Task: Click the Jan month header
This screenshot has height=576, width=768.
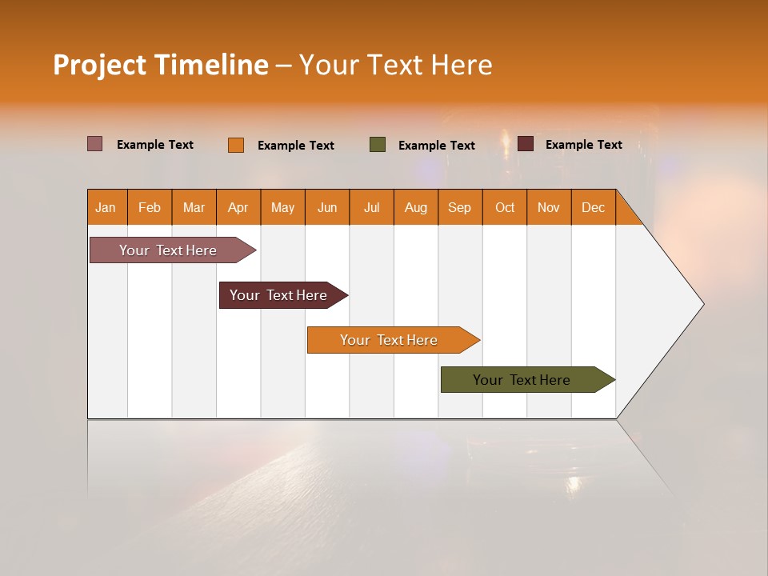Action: pyautogui.click(x=106, y=207)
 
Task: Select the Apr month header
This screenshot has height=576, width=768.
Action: pyautogui.click(x=238, y=207)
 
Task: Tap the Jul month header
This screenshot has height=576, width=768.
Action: pyautogui.click(x=371, y=207)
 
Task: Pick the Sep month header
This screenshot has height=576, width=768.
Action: pyautogui.click(x=460, y=207)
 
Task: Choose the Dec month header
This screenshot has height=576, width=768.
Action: pyautogui.click(x=593, y=207)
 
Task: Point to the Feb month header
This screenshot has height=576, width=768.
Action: pyautogui.click(x=150, y=207)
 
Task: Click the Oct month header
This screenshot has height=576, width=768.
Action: pyautogui.click(x=505, y=207)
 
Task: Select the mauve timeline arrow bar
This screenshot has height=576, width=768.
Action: pyautogui.click(x=169, y=250)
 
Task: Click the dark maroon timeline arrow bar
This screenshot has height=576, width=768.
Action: pyautogui.click(x=279, y=295)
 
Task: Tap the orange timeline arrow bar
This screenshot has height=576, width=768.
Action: pyautogui.click(x=390, y=340)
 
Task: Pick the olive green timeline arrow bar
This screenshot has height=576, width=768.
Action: pyautogui.click(x=522, y=380)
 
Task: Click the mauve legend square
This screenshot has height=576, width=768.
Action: pyautogui.click(x=94, y=144)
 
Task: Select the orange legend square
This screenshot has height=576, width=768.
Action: pyautogui.click(x=236, y=145)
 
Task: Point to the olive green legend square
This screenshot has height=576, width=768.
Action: pyautogui.click(x=378, y=145)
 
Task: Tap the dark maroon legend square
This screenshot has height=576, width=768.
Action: pyautogui.click(x=526, y=144)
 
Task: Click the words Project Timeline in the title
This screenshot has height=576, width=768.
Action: pyautogui.click(x=161, y=65)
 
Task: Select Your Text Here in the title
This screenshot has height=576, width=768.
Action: pyautogui.click(x=396, y=65)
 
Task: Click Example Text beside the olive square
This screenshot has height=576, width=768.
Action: pyautogui.click(x=437, y=146)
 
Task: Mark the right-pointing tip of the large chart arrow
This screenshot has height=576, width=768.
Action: pyautogui.click(x=702, y=304)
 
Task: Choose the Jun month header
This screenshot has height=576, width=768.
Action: pyautogui.click(x=327, y=207)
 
